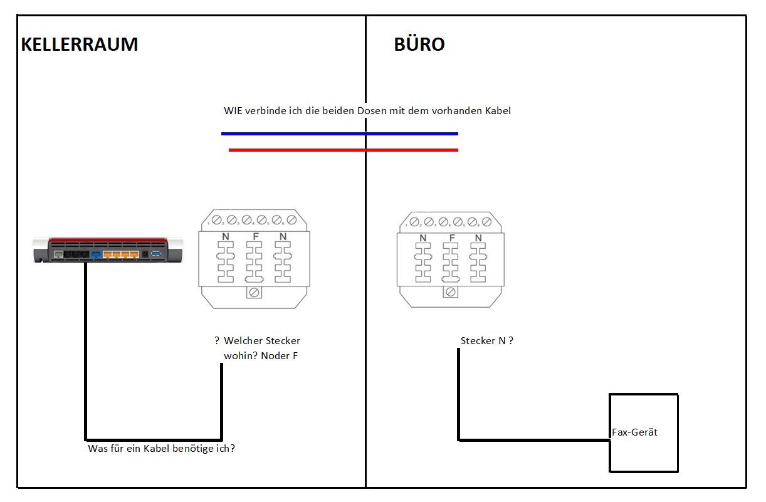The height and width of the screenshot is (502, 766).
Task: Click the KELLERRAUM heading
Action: pyautogui.click(x=80, y=44)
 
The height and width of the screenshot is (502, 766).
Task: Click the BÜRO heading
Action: pyautogui.click(x=419, y=44)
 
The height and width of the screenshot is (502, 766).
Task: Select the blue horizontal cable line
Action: pyautogui.click(x=340, y=133)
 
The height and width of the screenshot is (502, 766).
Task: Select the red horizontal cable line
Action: pyautogui.click(x=344, y=150)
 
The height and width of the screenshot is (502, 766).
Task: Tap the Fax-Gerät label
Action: pyautogui.click(x=634, y=432)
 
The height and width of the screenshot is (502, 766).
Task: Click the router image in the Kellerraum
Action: pyautogui.click(x=108, y=250)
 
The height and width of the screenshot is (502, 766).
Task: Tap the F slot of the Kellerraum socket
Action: pyautogui.click(x=254, y=262)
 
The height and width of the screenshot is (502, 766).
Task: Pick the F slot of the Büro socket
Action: pyautogui.click(x=451, y=263)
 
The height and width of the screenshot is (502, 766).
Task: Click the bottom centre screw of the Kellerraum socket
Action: pyautogui.click(x=254, y=293)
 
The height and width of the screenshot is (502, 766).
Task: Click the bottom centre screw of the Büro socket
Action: pyautogui.click(x=450, y=291)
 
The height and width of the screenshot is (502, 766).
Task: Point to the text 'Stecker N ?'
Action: pyautogui.click(x=487, y=340)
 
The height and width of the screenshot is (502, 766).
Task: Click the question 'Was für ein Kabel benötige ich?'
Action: pyautogui.click(x=161, y=449)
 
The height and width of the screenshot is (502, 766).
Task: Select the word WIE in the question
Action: pyautogui.click(x=233, y=111)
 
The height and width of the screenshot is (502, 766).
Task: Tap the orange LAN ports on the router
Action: pyautogui.click(x=121, y=254)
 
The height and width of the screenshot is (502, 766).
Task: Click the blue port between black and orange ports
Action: pyautogui.click(x=96, y=254)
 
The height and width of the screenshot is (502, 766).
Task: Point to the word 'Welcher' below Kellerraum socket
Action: pyautogui.click(x=243, y=340)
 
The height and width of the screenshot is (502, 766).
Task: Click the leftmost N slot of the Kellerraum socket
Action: pyautogui.click(x=226, y=262)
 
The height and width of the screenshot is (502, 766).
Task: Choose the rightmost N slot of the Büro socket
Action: pyautogui.click(x=478, y=263)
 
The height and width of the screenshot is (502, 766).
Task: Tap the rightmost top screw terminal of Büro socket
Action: pyautogui.click(x=486, y=222)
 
